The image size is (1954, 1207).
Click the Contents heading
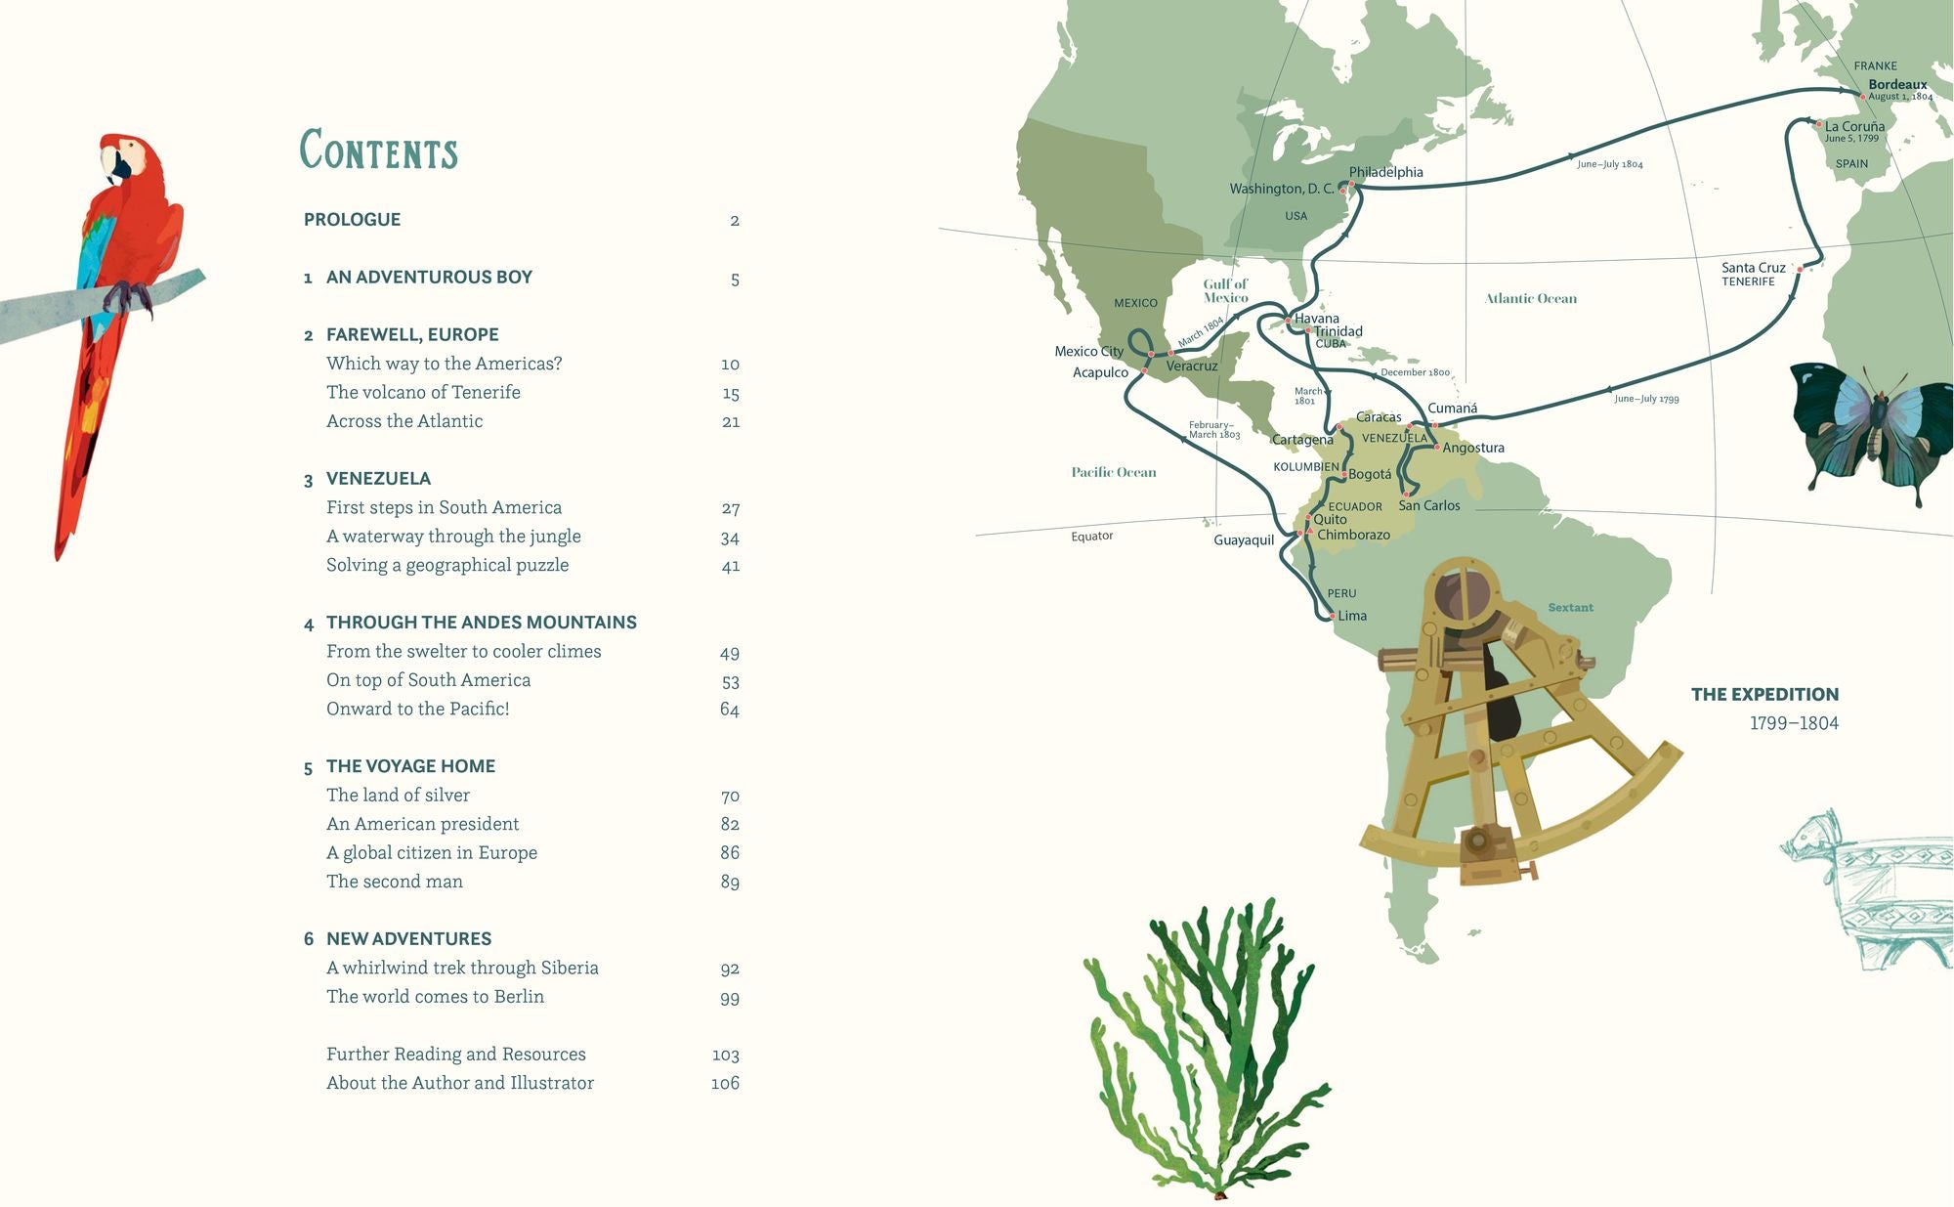[378, 151]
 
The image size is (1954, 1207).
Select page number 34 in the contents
[729, 538]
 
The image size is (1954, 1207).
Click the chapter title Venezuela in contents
[378, 478]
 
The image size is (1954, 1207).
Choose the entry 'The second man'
[394, 882]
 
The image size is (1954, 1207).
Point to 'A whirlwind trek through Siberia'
[462, 968]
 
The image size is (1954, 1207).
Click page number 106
[725, 1083]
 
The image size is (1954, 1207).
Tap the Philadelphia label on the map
[1385, 172]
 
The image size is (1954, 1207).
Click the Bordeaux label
[1897, 85]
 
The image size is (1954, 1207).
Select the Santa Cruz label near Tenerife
[1753, 267]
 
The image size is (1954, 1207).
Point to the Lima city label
[1352, 616]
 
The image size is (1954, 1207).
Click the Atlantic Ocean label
[1530, 299]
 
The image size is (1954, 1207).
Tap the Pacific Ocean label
[1113, 472]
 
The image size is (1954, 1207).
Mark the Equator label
[1091, 536]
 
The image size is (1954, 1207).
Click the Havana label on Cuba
[1316, 319]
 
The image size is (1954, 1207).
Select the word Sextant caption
[1570, 608]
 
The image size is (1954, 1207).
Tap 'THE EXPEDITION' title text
[1764, 694]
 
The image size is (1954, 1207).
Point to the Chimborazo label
[1353, 535]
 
